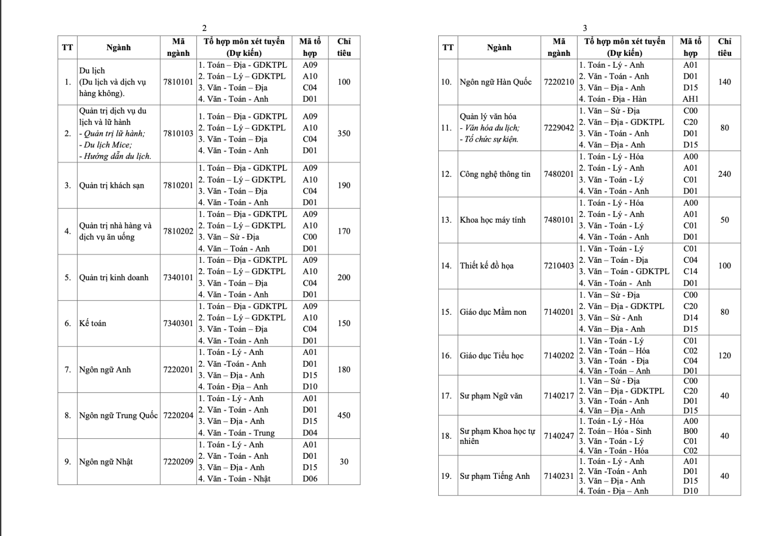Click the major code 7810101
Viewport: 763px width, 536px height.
pos(178,82)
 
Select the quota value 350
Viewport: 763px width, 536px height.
pos(344,134)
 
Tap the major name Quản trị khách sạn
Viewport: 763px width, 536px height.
pos(112,186)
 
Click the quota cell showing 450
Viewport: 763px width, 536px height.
pos(344,415)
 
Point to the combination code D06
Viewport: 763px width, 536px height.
pos(310,479)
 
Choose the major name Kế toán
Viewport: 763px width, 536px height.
pos(93,323)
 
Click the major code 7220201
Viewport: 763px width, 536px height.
pos(178,370)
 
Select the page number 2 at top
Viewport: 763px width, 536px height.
pos(205,28)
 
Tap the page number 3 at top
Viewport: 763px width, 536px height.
pos(585,28)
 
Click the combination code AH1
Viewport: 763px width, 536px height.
pos(691,99)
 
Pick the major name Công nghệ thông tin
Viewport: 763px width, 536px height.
pos(495,174)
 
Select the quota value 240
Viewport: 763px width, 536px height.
pos(724,174)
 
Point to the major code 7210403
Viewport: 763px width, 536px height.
pos(559,266)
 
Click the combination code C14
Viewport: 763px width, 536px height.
pos(691,271)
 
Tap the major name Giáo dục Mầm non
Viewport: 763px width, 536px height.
pos(493,312)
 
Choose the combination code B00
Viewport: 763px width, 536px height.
pos(691,431)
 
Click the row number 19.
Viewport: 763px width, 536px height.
pos(446,476)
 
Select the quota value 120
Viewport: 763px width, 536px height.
pos(724,355)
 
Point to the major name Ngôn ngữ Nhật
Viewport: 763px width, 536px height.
pos(106,462)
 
